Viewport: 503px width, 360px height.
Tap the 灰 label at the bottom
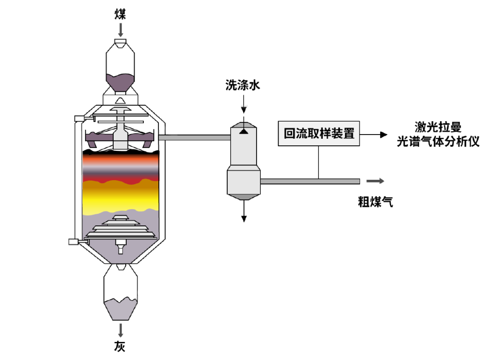(120, 346)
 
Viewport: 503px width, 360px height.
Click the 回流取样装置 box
(319, 134)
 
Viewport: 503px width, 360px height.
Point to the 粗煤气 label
(375, 202)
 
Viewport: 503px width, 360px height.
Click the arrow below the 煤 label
(121, 30)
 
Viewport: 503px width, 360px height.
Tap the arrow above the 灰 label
(121, 330)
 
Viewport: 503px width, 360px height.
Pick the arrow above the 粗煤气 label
(375, 181)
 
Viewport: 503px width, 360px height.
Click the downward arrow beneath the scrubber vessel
(243, 211)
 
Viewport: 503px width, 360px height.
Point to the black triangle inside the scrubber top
(243, 132)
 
